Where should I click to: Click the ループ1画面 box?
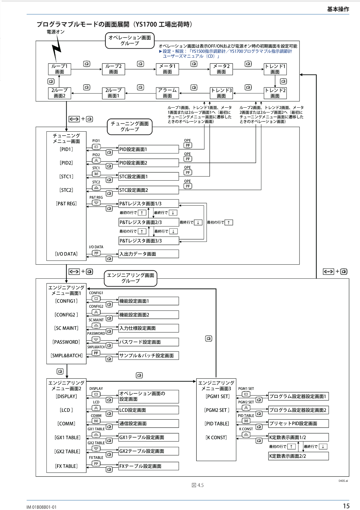click(60, 69)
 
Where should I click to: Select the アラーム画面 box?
click(167, 93)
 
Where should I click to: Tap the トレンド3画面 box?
click(221, 93)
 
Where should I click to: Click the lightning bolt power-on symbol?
click(56, 48)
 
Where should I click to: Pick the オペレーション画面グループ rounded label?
click(130, 41)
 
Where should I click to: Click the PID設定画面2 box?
click(148, 163)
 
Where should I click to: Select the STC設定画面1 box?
click(148, 177)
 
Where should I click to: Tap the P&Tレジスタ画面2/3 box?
click(148, 222)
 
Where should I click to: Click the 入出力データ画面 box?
click(148, 254)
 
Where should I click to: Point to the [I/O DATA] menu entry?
click(66, 254)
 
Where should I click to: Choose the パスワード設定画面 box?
click(148, 342)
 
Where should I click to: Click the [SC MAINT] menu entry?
click(66, 328)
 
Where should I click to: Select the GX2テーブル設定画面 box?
click(148, 451)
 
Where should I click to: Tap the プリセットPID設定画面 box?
click(298, 424)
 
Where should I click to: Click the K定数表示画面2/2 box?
click(298, 456)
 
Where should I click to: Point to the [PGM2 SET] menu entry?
click(217, 410)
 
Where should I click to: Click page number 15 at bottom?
click(346, 506)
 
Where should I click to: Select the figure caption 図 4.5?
click(198, 485)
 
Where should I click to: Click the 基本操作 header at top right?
click(338, 9)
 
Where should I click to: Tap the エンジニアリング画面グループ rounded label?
click(131, 278)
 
